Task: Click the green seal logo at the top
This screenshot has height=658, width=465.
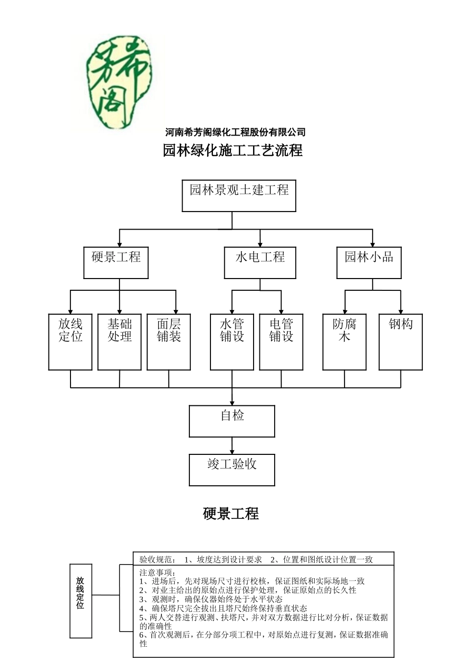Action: pos(119,82)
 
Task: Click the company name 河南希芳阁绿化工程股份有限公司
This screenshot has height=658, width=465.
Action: pos(235,132)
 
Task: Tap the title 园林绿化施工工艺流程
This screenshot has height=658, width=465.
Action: pos(232,150)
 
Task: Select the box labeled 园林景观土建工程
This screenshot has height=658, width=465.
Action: pos(239,196)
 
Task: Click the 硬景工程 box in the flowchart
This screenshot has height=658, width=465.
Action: pos(116,262)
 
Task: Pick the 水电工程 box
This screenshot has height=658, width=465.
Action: pos(260,262)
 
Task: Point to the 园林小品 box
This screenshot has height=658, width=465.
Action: pos(369,262)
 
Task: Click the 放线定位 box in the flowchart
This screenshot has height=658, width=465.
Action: pos(70,342)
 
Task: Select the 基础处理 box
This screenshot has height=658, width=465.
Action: pos(119,342)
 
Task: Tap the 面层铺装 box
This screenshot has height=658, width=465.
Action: pos(168,342)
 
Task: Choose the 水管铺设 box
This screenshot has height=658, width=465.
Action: pos(232,342)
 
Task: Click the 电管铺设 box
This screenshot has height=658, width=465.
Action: pos(281,342)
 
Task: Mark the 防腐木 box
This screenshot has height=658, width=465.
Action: pos(344,342)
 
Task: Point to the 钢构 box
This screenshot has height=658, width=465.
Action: pos(401,342)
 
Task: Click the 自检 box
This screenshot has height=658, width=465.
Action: pos(232,421)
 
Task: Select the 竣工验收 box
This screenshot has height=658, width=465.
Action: pos(232,470)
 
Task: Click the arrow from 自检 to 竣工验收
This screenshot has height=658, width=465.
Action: pos(232,446)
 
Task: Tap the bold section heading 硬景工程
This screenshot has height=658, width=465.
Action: pos(231,514)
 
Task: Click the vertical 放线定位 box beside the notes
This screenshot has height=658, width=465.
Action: pos(81,599)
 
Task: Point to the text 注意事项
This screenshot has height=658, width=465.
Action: pos(158,573)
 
